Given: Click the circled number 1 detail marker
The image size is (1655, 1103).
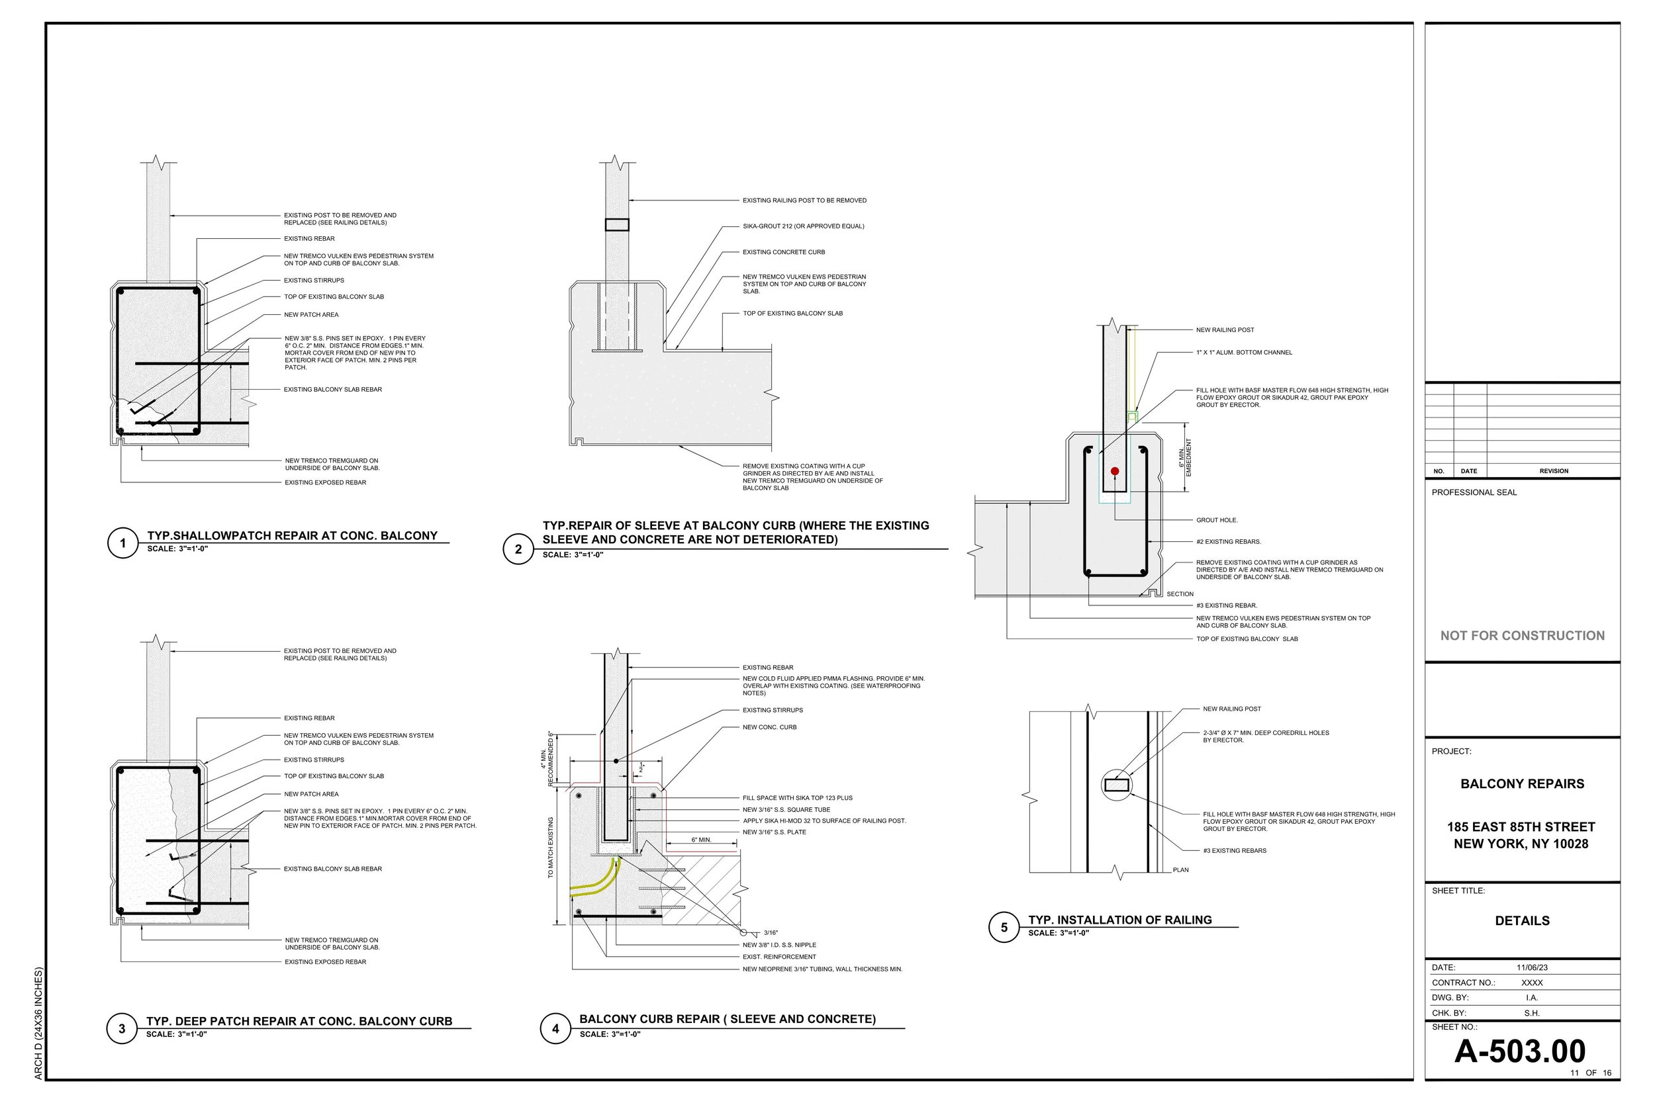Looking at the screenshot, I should (122, 543).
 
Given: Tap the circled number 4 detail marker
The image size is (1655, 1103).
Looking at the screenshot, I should (555, 1028).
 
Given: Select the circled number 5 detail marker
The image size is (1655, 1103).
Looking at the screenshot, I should (1004, 927).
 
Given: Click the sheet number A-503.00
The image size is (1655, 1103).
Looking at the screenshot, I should (1520, 1051).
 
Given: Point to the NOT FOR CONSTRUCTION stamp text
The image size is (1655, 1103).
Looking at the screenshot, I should (1522, 635).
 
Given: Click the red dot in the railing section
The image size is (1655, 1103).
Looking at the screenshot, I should (1115, 471).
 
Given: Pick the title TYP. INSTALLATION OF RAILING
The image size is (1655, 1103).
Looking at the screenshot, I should (1119, 920).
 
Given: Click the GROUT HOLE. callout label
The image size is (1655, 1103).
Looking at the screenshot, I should (1217, 520).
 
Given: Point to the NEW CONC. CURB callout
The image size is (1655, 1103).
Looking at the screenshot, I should (769, 727).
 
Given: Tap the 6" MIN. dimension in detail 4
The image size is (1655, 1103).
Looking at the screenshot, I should (701, 840).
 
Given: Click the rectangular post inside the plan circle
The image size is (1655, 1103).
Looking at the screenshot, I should (1117, 785).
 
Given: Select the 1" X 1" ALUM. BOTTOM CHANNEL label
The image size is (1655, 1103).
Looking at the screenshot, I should (1243, 353).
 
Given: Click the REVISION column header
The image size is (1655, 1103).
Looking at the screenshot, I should (1554, 471).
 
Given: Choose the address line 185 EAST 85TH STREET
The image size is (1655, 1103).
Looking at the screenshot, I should (1521, 826).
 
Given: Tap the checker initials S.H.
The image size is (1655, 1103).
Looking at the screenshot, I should (1531, 1013).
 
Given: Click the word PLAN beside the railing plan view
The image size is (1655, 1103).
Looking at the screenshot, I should (1180, 870).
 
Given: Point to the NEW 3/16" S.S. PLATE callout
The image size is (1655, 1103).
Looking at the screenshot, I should (774, 832).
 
